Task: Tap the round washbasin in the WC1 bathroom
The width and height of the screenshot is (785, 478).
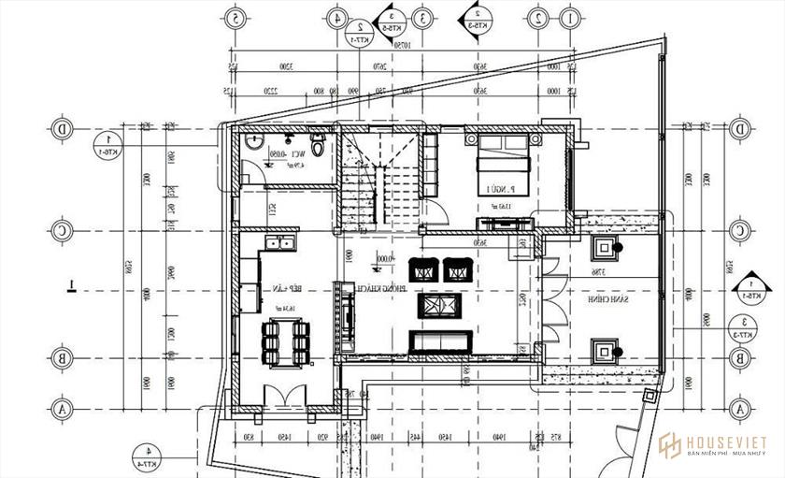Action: pyautogui.click(x=253, y=143)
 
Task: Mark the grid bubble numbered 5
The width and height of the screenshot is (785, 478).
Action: pyautogui.click(x=236, y=18)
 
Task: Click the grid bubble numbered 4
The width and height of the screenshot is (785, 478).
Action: pyautogui.click(x=335, y=18)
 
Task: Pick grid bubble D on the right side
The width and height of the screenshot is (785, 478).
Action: pyautogui.click(x=738, y=127)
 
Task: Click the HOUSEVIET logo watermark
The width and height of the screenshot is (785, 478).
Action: pyautogui.click(x=710, y=445)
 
